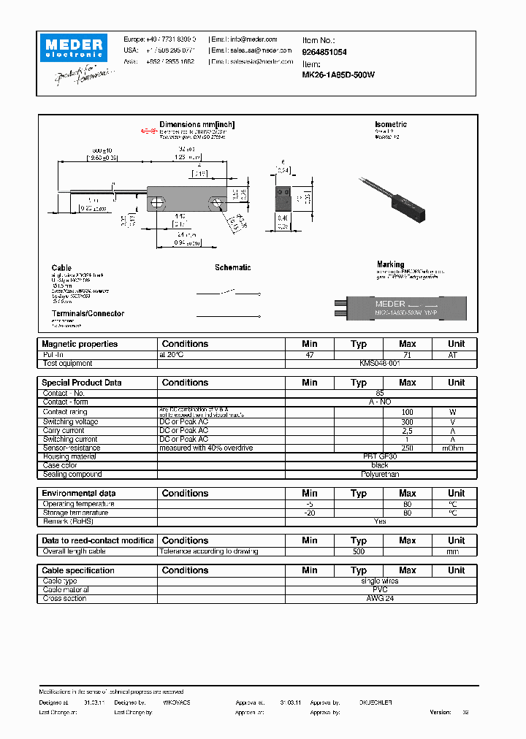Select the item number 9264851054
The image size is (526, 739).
(x=324, y=53)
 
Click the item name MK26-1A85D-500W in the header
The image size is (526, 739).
(x=338, y=74)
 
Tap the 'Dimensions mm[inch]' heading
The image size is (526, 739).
(x=197, y=125)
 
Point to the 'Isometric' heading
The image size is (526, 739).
(x=391, y=125)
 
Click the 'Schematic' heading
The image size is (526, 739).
(x=232, y=268)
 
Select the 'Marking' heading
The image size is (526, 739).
(x=391, y=264)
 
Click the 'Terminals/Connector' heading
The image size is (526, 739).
(x=88, y=313)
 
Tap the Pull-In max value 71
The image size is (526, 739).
(x=407, y=354)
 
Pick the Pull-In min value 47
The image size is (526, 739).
(x=310, y=354)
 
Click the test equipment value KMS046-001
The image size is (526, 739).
(x=380, y=363)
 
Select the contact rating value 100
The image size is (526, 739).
(x=407, y=413)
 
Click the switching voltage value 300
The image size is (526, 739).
(x=407, y=421)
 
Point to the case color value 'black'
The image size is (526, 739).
(x=380, y=465)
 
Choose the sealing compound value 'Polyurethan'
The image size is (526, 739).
(x=380, y=474)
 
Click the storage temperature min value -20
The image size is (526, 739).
(x=310, y=513)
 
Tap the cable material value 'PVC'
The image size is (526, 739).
(x=380, y=589)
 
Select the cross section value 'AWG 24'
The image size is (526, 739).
(x=380, y=598)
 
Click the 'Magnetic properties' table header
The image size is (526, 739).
(x=80, y=344)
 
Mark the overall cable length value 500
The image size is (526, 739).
(x=358, y=551)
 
